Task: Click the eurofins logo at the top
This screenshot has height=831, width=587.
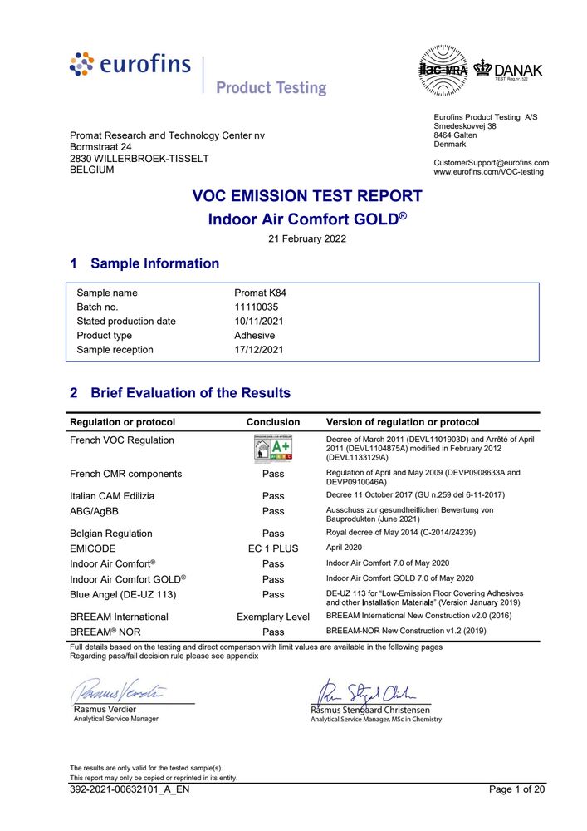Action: [x=130, y=65]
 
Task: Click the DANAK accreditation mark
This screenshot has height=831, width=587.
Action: [x=507, y=69]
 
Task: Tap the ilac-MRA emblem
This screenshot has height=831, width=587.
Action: [x=443, y=69]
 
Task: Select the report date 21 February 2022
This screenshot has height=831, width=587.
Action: [x=307, y=238]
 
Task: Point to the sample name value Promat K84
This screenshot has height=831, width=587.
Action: [x=260, y=293]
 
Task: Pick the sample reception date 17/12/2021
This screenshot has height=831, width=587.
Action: [x=259, y=350]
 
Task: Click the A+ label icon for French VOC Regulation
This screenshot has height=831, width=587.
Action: [x=273, y=449]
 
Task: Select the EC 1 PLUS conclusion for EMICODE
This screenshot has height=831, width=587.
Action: [x=273, y=548]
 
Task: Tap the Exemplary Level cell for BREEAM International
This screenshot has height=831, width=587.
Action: [x=273, y=617]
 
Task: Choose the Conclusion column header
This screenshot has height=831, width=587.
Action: [x=273, y=422]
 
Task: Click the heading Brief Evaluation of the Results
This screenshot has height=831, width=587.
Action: [x=190, y=392]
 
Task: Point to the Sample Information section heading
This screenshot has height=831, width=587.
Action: [x=154, y=263]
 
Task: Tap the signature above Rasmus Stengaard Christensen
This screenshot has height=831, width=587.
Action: [x=365, y=691]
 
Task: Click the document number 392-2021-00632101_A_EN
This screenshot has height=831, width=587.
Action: [x=130, y=789]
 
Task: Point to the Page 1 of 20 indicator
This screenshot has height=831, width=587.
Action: [x=516, y=789]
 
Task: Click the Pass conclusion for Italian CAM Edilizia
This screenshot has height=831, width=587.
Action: [x=273, y=496]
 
